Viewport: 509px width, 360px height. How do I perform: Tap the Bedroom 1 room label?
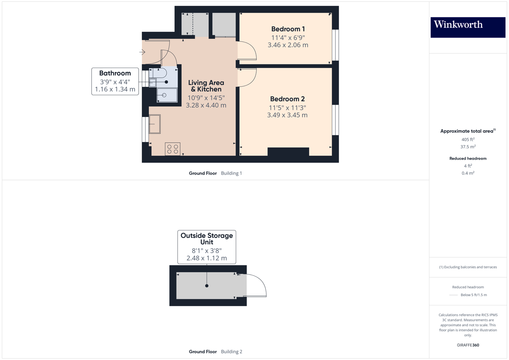288,29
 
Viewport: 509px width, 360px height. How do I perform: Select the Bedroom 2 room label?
287,99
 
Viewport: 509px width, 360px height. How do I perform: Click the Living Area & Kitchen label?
206,86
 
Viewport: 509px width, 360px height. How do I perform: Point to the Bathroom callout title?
115,73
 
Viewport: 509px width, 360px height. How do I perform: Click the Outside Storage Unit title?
207,239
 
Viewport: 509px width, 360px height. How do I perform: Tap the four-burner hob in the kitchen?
172,149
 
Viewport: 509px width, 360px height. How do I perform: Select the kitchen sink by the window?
155,124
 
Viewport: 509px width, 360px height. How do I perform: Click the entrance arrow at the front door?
142,52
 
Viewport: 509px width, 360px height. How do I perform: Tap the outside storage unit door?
257,285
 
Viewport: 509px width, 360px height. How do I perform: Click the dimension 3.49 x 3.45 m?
287,115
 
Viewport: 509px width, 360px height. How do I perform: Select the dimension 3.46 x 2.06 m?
288,45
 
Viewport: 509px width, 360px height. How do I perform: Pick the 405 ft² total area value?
468,140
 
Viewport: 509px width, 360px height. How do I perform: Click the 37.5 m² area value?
468,147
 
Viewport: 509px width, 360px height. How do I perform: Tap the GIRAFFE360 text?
468,345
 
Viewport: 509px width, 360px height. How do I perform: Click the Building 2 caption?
231,352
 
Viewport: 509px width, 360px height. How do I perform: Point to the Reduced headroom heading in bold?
468,159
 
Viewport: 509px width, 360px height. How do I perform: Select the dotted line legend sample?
453,295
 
